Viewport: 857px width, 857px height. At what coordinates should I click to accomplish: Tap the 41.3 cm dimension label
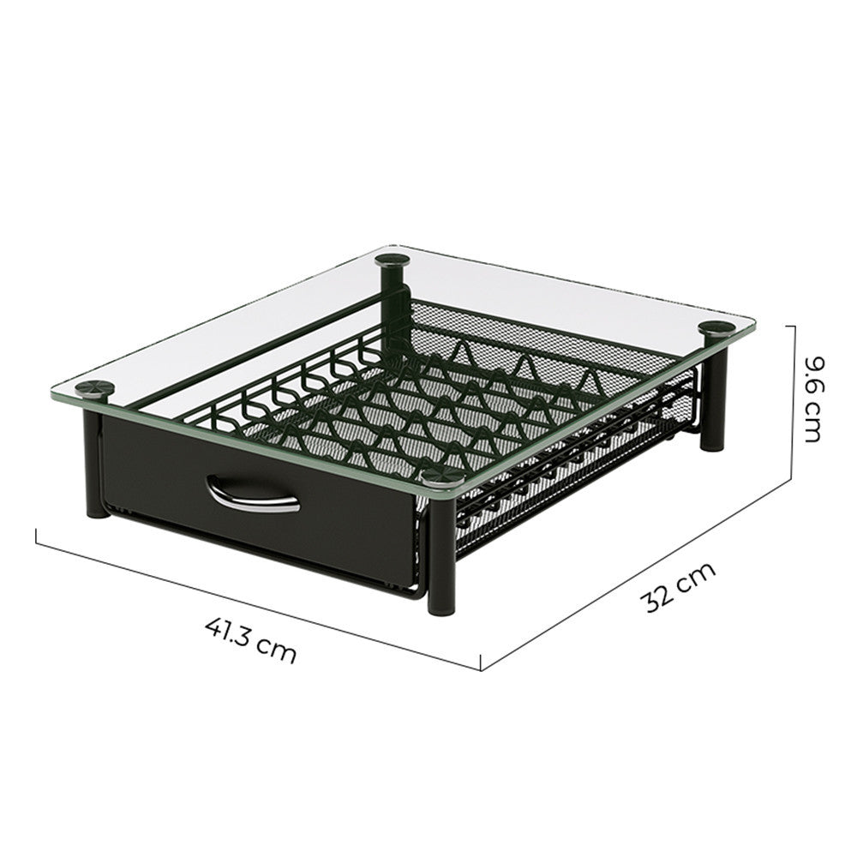tap(251, 639)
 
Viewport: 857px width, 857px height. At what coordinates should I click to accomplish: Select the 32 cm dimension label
tap(678, 588)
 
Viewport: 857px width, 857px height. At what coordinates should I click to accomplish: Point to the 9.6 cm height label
tap(813, 399)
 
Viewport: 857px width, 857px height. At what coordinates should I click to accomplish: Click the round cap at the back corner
tap(393, 259)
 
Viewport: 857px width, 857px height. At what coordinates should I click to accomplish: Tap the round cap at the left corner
tap(94, 388)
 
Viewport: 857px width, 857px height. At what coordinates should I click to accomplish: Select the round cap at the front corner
tap(443, 476)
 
